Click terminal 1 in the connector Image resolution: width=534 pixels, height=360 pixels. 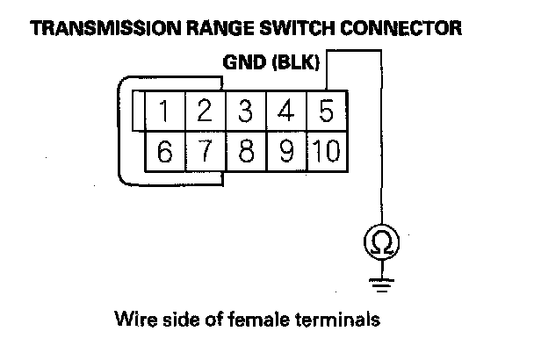click(165, 111)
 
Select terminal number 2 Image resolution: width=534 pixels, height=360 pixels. click(206, 111)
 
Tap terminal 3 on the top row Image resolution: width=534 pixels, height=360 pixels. click(246, 111)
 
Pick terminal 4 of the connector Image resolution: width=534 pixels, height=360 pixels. click(286, 111)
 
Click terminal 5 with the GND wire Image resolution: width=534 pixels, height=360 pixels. click(327, 111)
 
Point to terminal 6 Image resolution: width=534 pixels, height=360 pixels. click(165, 152)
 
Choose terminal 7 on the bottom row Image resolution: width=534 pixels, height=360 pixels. click(206, 152)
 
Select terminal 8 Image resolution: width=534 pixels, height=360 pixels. click(246, 152)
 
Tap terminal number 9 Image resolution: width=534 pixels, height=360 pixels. click(286, 152)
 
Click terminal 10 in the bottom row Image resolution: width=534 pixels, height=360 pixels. click(327, 152)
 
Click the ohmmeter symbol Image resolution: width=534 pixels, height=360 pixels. click(381, 241)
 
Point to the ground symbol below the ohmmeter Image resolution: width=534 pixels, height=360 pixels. click(381, 285)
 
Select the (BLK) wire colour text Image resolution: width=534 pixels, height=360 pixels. click(296, 62)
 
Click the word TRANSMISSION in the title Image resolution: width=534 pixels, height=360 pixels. click(106, 28)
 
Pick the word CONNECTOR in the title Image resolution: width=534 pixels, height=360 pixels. click(400, 28)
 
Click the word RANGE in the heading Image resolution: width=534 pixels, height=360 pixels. click(220, 28)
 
